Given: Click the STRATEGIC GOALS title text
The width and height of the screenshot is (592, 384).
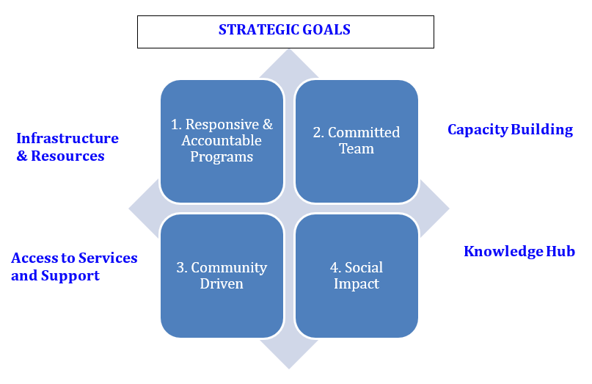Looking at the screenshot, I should pyautogui.click(x=285, y=30).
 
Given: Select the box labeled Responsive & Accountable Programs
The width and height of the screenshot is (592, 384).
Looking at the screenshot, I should pyautogui.click(x=222, y=141).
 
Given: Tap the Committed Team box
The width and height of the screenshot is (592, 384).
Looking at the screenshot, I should pyautogui.click(x=357, y=141).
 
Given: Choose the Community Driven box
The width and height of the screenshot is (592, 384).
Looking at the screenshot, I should pyautogui.click(x=222, y=275).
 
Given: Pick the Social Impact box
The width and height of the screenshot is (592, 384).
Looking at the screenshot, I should pyautogui.click(x=357, y=275).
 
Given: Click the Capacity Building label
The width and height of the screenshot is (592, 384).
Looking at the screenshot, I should pyautogui.click(x=510, y=130).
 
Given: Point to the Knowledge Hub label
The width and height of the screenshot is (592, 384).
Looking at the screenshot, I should pyautogui.click(x=519, y=252).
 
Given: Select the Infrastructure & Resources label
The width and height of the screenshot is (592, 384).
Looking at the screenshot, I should pyautogui.click(x=67, y=147).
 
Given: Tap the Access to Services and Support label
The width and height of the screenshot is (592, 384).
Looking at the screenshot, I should pyautogui.click(x=74, y=267).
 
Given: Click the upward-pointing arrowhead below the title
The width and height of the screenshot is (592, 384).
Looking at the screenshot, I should pyautogui.click(x=289, y=62).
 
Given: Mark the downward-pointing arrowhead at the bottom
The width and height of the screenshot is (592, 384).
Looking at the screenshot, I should pyautogui.click(x=289, y=355).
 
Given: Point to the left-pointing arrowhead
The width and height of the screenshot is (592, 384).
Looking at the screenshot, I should pyautogui.click(x=144, y=209).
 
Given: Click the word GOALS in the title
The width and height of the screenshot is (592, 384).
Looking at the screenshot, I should pyautogui.click(x=324, y=30).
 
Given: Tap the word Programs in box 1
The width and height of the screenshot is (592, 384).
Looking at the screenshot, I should pyautogui.click(x=222, y=157).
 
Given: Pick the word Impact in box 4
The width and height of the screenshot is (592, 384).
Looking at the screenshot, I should pyautogui.click(x=357, y=283).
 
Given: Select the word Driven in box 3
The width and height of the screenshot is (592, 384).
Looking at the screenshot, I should pyautogui.click(x=222, y=283).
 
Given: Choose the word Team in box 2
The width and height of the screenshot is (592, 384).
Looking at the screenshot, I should pyautogui.click(x=357, y=149).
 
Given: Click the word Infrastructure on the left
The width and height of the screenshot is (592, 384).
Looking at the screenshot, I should pyautogui.click(x=67, y=138).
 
